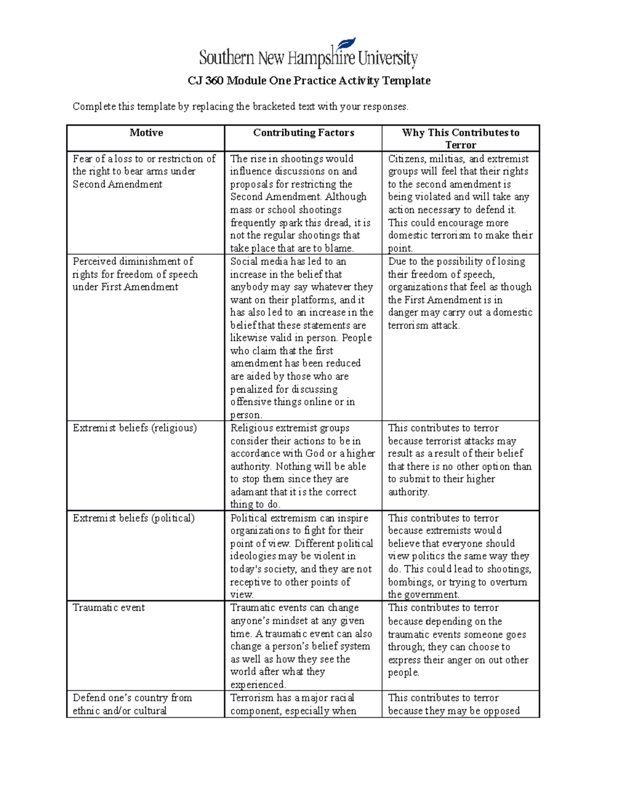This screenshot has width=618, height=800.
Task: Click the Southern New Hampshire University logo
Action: [x=308, y=55]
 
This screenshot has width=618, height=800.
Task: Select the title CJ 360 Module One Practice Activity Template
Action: [x=308, y=80]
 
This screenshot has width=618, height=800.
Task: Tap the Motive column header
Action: [x=146, y=133]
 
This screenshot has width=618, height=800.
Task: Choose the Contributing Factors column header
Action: [x=303, y=133]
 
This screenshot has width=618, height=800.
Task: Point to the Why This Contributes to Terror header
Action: [x=460, y=139]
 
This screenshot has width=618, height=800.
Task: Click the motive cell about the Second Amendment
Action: [x=144, y=172]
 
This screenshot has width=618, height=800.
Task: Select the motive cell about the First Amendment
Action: [x=135, y=274]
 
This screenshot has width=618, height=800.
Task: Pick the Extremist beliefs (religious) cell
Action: [x=135, y=428]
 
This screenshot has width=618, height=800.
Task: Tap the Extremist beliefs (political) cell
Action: [x=134, y=518]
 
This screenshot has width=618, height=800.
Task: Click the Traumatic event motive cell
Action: [x=109, y=608]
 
